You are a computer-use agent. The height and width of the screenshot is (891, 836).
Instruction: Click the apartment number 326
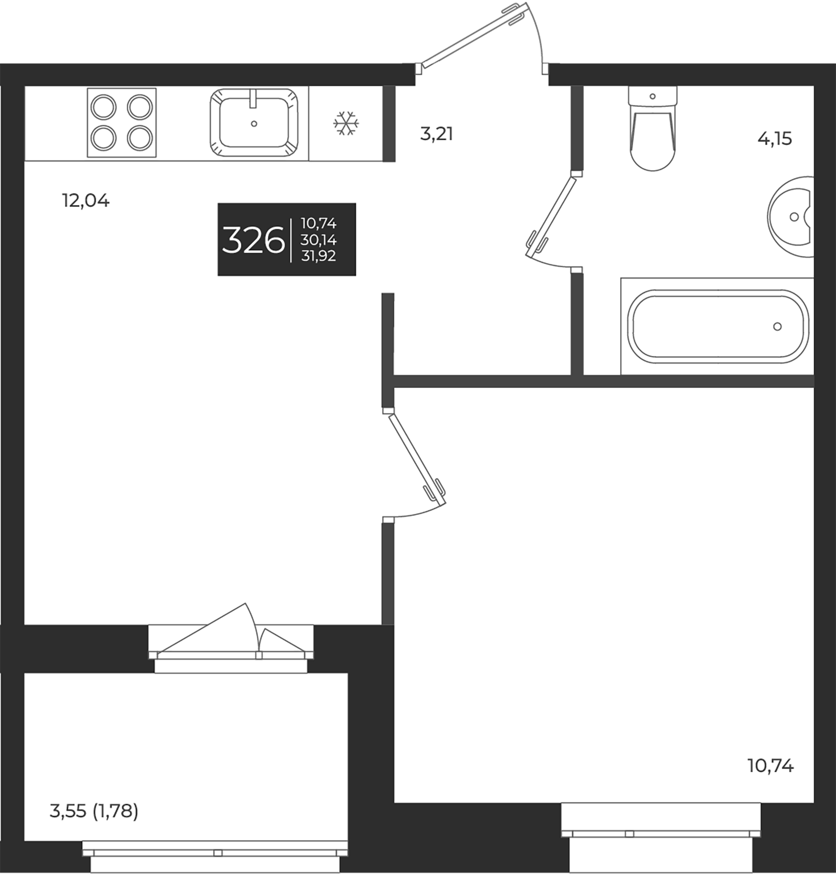pyautogui.click(x=253, y=240)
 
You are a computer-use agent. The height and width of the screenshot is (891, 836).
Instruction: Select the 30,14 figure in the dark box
pyautogui.click(x=318, y=240)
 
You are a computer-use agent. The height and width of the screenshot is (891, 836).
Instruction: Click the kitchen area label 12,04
pyautogui.click(x=86, y=201)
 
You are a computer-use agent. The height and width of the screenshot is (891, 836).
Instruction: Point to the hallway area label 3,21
pyautogui.click(x=437, y=134)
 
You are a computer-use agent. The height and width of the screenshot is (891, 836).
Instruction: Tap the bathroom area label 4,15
pyautogui.click(x=775, y=139)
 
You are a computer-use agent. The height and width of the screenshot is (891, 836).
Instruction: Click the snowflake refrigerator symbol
pyautogui.click(x=345, y=124)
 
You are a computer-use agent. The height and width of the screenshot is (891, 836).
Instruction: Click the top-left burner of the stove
pyautogui.click(x=104, y=107)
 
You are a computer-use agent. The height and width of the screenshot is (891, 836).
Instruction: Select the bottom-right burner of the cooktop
pyautogui.click(x=139, y=139)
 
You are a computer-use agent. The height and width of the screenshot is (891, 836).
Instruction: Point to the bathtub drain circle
pyautogui.click(x=777, y=326)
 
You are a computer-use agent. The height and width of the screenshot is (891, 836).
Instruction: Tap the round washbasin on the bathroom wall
pyautogui.click(x=792, y=217)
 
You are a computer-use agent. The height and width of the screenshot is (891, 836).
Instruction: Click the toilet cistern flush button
pyautogui.click(x=652, y=97)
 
